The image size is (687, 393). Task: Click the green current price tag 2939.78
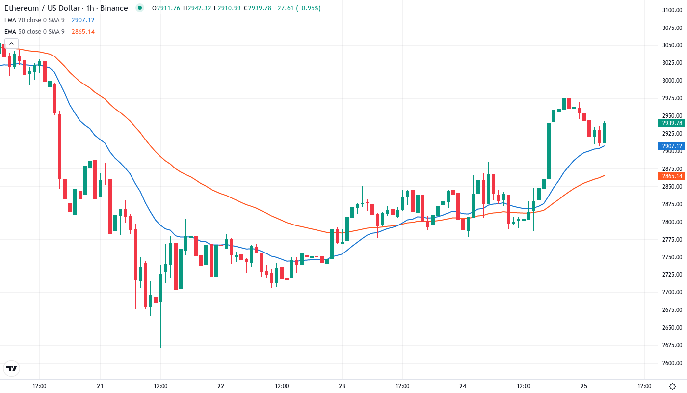(x=672, y=123)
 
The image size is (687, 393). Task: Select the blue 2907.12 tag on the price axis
(x=672, y=146)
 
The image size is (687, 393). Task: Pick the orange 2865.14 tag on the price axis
(x=672, y=176)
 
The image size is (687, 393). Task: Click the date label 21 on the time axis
(x=100, y=386)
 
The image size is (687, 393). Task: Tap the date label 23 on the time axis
(x=342, y=386)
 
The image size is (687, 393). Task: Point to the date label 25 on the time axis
(x=584, y=386)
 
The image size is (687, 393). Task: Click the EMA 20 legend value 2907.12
(x=83, y=20)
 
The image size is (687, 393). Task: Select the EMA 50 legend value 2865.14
(x=83, y=32)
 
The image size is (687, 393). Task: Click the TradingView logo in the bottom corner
(x=12, y=368)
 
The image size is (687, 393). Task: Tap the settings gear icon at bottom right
(x=672, y=386)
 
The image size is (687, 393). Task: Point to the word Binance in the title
(x=114, y=8)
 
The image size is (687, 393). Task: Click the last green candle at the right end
(x=605, y=133)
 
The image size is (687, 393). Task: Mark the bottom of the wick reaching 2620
(x=160, y=348)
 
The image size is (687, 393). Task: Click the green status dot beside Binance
(x=140, y=8)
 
